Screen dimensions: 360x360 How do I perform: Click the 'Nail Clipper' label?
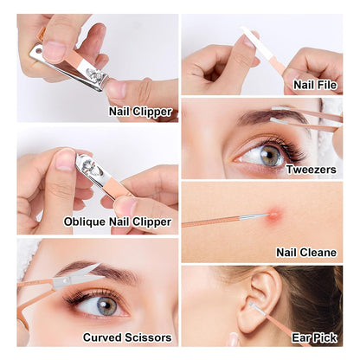tap(140, 112)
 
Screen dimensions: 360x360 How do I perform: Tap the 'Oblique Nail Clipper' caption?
tap(118, 222)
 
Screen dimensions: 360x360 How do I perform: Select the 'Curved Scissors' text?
tap(127, 337)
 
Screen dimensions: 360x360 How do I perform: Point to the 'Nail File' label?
tap(315, 85)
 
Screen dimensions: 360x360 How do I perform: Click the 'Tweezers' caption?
tap(312, 170)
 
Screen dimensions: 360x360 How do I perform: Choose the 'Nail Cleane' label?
tap(306, 253)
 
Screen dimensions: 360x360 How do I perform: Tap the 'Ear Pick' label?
tap(314, 337)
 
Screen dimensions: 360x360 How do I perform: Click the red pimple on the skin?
tap(274, 215)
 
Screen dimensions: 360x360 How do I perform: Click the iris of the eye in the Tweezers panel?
tap(270, 156)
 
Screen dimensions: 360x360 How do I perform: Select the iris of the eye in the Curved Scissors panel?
tap(106, 305)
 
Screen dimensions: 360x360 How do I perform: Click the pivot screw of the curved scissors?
tap(66, 280)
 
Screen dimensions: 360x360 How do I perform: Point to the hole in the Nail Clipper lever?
tap(38, 51)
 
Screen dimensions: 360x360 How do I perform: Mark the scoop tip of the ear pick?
tap(252, 305)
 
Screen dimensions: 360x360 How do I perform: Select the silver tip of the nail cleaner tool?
tap(254, 216)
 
